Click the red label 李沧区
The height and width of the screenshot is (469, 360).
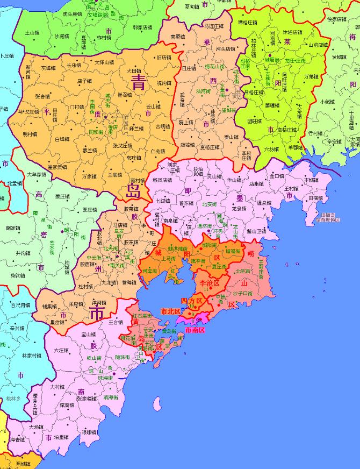click(x=210, y=282)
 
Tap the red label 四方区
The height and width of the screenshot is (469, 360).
click(x=191, y=300)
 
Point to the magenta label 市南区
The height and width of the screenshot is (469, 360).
click(x=195, y=329)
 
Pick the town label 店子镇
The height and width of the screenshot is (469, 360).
click(x=84, y=81)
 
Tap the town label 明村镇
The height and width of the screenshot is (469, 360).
click(x=30, y=134)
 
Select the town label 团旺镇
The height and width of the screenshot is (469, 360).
click(x=254, y=121)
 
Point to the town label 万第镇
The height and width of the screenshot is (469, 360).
click(x=312, y=76)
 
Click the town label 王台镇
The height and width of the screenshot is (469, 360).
click(x=116, y=323)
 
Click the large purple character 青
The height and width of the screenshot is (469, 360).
click(x=139, y=82)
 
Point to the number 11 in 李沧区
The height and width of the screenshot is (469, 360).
click(x=206, y=289)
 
